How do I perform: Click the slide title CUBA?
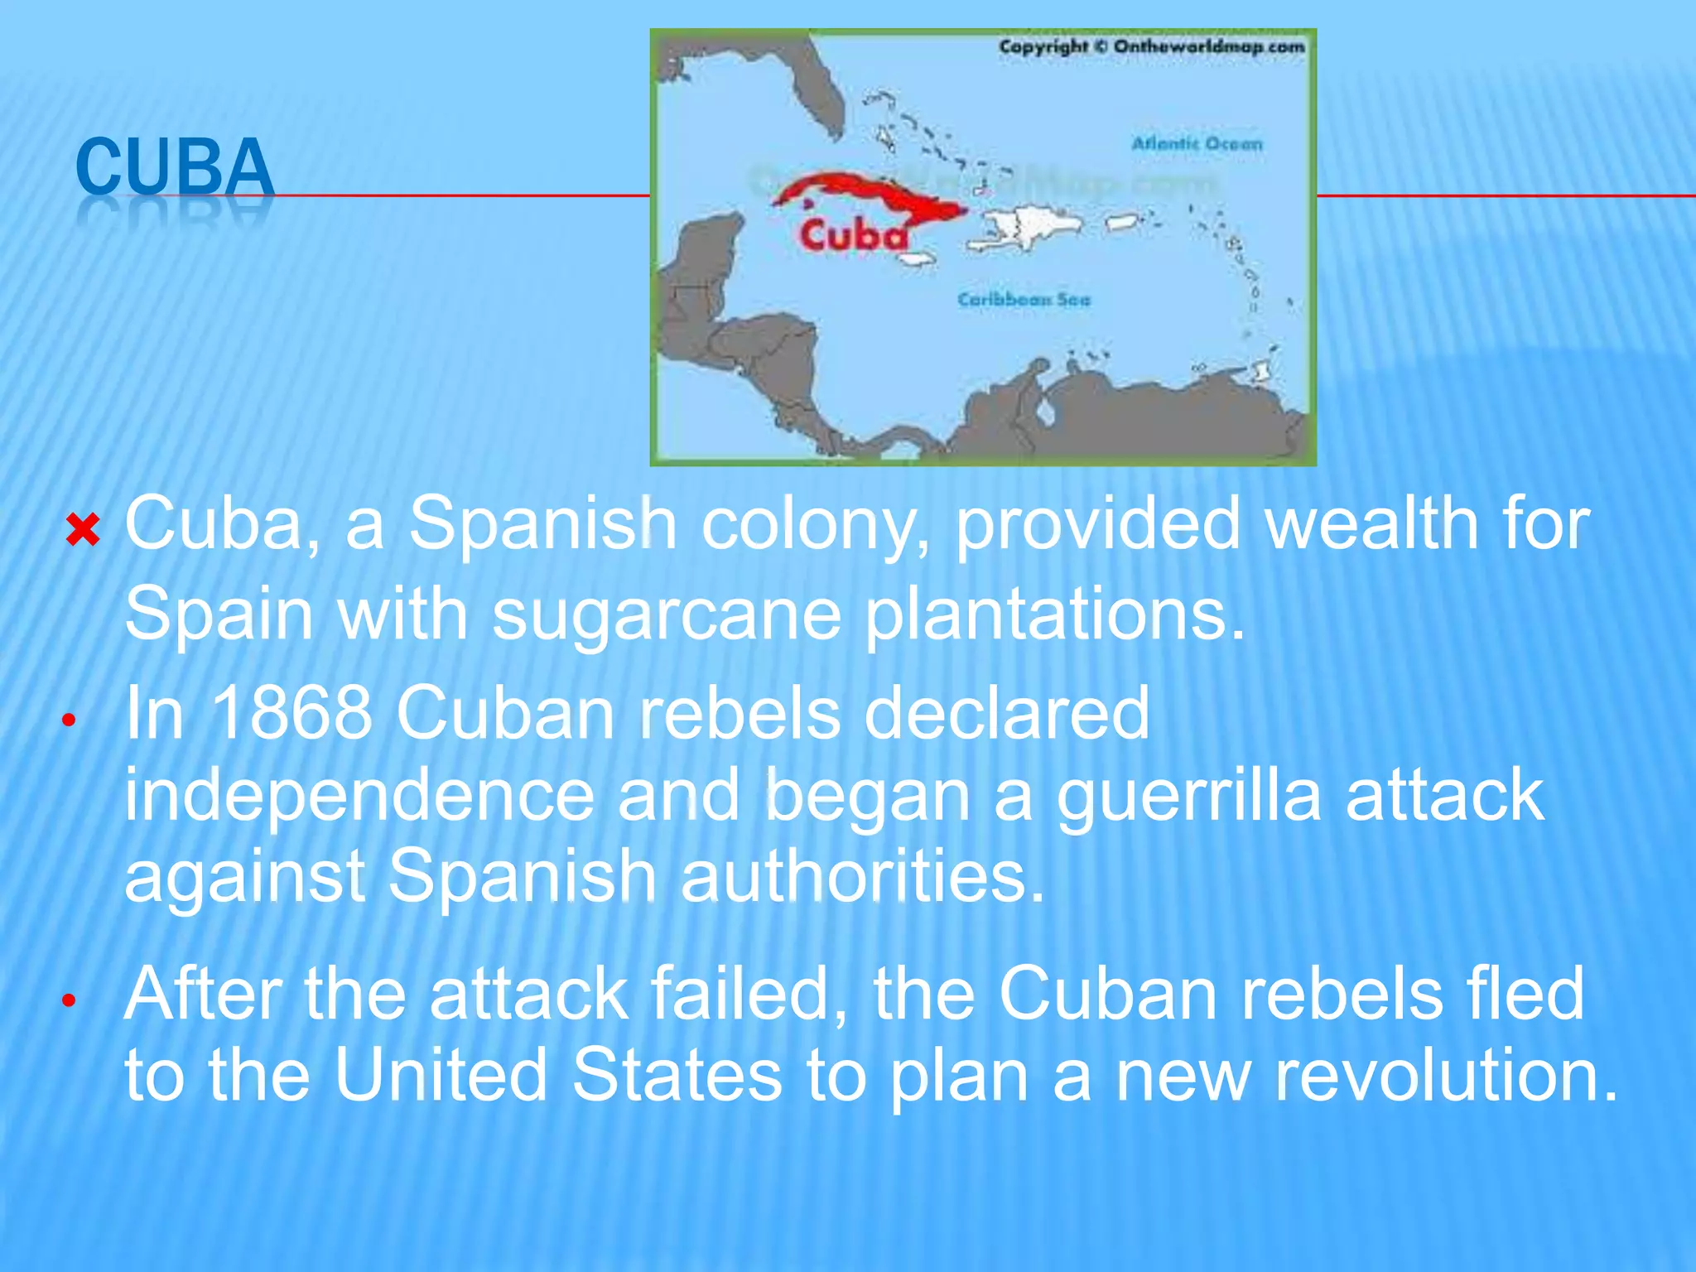click(x=174, y=167)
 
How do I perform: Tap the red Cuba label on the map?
click(x=853, y=235)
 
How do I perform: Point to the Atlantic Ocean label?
click(x=1197, y=144)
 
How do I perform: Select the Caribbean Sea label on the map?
click(x=1024, y=300)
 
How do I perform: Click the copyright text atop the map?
click(x=1151, y=47)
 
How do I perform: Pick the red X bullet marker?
click(x=83, y=530)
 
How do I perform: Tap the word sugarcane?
click(x=667, y=614)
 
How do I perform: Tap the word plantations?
click(x=1055, y=614)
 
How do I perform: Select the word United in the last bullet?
click(x=441, y=1075)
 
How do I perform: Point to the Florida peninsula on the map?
click(x=816, y=91)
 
